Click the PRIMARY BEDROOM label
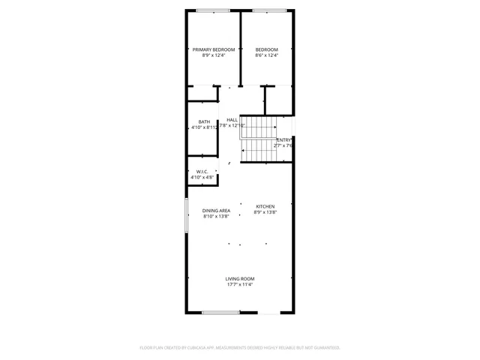click(214, 49)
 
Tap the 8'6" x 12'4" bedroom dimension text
click(266, 55)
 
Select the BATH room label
click(204, 121)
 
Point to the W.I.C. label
click(202, 171)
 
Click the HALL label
click(232, 119)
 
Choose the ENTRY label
click(284, 140)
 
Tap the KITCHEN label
click(265, 206)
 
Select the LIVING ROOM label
click(240, 279)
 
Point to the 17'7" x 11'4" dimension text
click(240, 284)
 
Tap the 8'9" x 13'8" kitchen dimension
click(265, 212)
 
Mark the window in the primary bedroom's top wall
click(214, 10)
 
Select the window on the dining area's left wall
click(187, 215)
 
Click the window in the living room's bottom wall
click(220, 312)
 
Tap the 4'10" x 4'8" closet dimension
click(202, 177)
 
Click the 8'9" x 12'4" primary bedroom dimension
click(214, 55)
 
